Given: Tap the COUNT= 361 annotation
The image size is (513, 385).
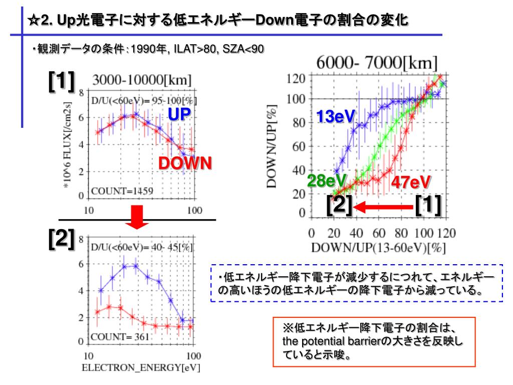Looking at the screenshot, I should [120, 337].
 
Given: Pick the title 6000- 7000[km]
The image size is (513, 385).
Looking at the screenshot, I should [377, 64].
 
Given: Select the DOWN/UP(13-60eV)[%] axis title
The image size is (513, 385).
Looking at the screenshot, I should [378, 248].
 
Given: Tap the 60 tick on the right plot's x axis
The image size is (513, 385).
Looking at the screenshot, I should [379, 233].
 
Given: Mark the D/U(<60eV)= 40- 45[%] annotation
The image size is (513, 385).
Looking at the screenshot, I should [141, 247].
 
